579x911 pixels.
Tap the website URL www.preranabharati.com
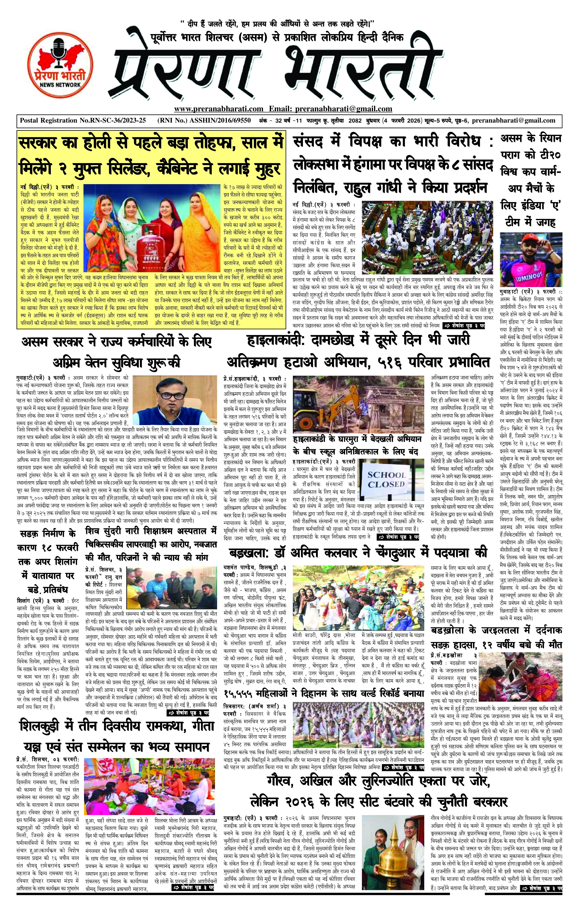coord(218,109)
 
